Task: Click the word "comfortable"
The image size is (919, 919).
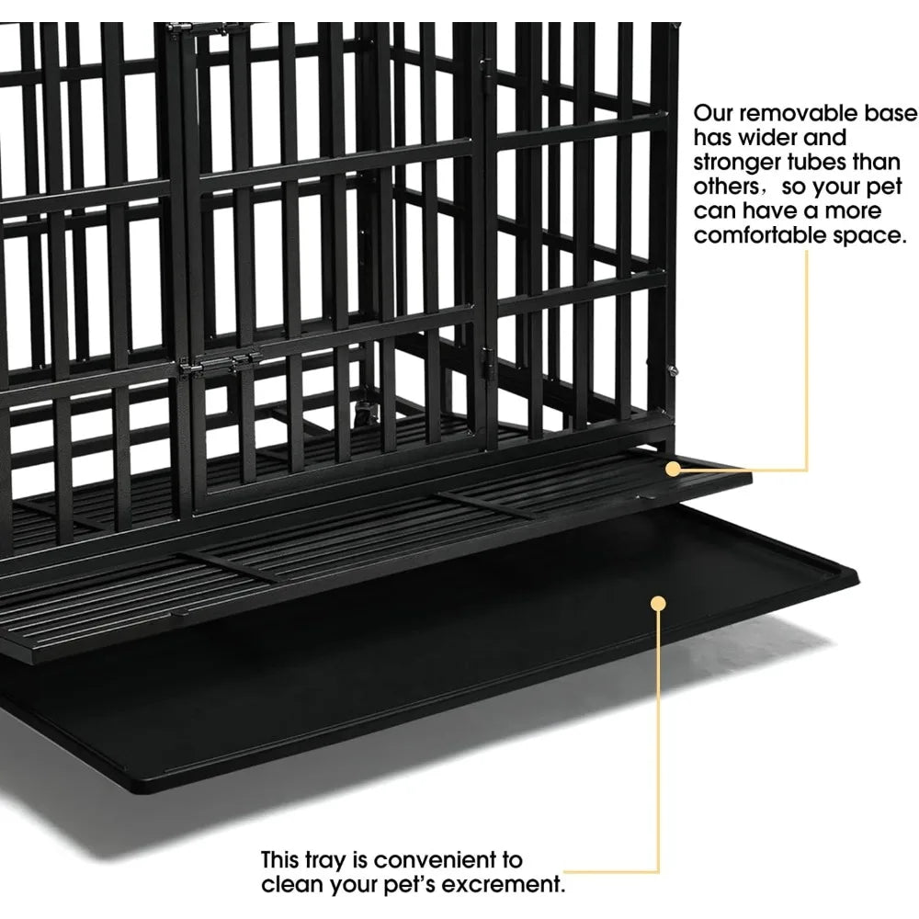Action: point(760,235)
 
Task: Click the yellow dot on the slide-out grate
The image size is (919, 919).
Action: point(674,469)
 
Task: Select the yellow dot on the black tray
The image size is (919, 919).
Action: point(659,603)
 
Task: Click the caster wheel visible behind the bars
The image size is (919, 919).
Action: point(361,410)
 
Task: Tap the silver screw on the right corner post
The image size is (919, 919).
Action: point(673,369)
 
